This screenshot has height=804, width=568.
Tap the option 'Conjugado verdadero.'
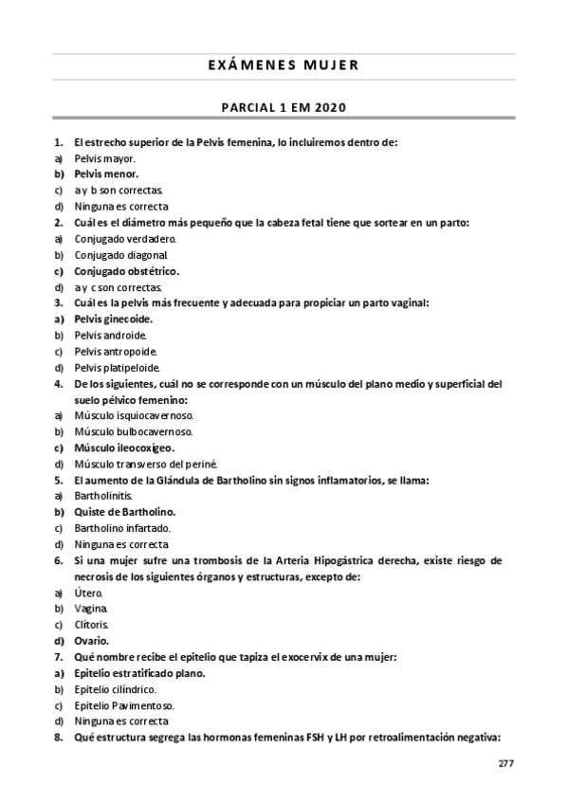[126, 239]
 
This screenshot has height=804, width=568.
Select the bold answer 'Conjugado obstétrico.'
[128, 271]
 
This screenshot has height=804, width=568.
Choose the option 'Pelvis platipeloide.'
[118, 367]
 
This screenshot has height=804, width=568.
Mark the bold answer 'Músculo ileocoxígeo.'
[125, 448]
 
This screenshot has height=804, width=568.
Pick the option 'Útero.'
[89, 593]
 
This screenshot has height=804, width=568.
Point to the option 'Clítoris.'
[93, 625]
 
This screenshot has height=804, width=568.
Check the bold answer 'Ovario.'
[94, 641]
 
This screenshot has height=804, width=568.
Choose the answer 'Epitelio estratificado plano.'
[141, 673]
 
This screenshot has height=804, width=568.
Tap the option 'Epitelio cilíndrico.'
[117, 689]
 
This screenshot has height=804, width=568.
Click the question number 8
[59, 738]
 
